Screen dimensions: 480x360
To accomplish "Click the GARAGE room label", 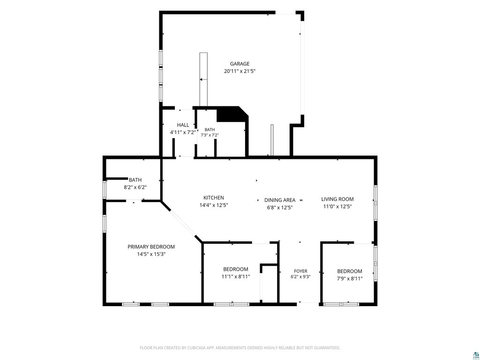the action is point(240,64).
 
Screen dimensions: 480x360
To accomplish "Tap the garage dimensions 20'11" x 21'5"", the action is point(240,71).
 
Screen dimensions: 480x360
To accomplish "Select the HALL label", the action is point(183,125).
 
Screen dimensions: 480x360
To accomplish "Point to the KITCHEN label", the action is point(214,198).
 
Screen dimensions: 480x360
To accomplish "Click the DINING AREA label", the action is point(280,200).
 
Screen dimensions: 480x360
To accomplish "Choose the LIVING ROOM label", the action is point(337,199).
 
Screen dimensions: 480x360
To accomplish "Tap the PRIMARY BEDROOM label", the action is point(151,247).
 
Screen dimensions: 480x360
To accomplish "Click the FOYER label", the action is point(300,271).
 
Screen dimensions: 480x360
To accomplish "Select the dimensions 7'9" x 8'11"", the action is point(350,278).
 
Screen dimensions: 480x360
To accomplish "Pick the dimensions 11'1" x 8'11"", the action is point(236,277).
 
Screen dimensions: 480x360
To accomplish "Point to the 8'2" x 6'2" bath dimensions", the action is point(135,187).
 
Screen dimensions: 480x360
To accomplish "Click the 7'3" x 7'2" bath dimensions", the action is point(210,135).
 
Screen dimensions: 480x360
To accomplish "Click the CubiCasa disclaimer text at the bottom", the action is point(240,348).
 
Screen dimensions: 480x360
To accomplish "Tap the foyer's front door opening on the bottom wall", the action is point(308,304).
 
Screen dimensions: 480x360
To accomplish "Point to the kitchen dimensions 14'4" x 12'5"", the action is point(214,205).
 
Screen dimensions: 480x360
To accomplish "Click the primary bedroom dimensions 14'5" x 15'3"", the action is point(151,254).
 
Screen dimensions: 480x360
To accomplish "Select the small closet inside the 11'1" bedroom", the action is point(269,284).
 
